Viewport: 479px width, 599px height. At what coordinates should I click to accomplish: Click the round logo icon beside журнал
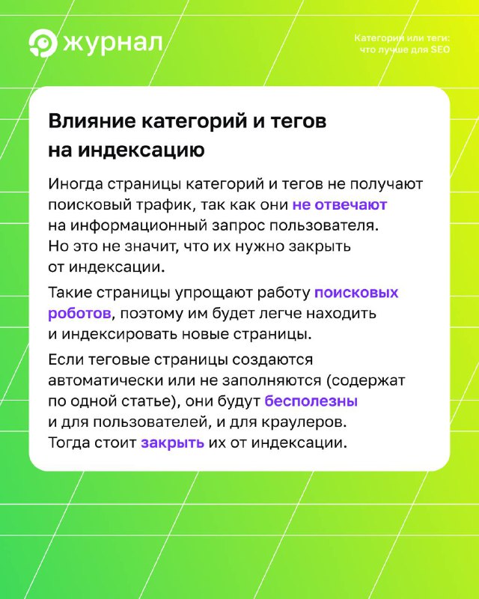(x=43, y=43)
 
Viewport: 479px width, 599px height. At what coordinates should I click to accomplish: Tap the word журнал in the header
(x=113, y=44)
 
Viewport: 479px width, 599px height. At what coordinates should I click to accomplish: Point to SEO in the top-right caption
(x=440, y=49)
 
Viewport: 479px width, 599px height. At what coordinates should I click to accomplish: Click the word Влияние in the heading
(x=92, y=121)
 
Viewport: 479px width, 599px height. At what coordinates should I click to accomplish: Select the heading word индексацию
(x=141, y=150)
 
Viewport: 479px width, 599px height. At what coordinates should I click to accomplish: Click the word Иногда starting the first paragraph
(x=76, y=184)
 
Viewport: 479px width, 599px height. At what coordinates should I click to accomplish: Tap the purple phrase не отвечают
(x=340, y=205)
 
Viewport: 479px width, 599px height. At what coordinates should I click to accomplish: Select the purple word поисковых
(x=356, y=293)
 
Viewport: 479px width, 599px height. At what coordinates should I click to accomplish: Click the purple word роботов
(x=79, y=314)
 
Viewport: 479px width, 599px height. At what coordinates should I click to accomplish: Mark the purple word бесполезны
(x=311, y=401)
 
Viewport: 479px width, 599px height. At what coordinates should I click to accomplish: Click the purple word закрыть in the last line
(x=172, y=443)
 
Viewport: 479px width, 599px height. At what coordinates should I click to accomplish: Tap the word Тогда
(x=69, y=443)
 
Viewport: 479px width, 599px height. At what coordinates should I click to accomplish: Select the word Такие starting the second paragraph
(x=70, y=293)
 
